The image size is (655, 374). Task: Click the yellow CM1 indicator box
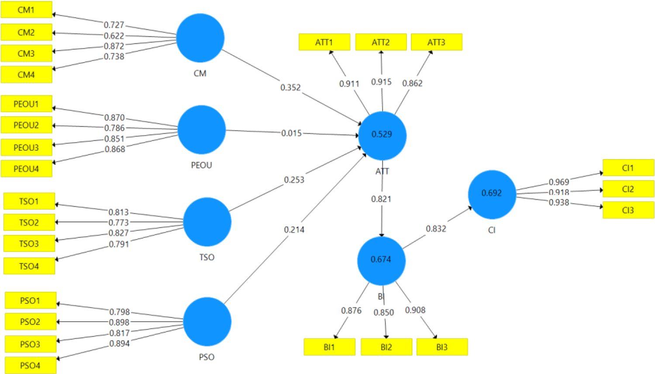point(26,10)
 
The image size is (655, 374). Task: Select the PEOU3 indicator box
point(26,148)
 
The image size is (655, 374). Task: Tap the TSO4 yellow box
point(29,266)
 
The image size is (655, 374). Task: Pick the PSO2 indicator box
point(30,322)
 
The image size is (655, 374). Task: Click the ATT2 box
point(381,42)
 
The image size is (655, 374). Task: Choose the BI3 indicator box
point(442,347)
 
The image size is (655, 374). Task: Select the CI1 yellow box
point(628,168)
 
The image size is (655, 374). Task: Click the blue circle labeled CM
point(200,38)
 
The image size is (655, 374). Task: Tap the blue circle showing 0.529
point(382,135)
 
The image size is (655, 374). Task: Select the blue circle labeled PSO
point(207,322)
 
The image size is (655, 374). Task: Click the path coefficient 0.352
point(290,87)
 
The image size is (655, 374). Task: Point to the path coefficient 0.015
point(291,133)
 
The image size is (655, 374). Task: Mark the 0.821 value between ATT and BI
point(381,199)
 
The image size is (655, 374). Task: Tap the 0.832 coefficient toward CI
point(436,229)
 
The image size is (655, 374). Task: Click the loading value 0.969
point(559,182)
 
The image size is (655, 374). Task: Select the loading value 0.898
point(119,322)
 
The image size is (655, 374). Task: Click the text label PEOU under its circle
point(201,165)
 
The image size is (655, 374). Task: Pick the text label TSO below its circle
point(207,257)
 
